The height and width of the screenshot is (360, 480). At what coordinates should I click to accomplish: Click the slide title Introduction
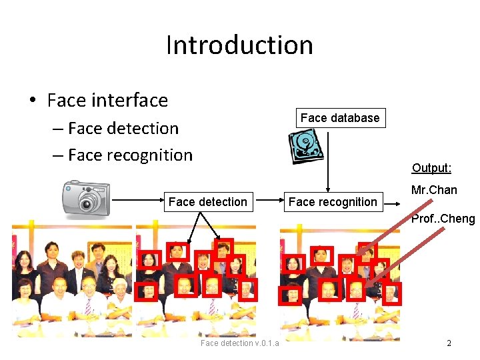(x=239, y=45)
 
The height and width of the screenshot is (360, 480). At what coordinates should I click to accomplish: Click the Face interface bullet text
(x=107, y=100)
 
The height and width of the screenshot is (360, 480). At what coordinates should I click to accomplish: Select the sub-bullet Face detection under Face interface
(x=123, y=128)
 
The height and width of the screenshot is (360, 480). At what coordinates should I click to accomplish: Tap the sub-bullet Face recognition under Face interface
(x=130, y=155)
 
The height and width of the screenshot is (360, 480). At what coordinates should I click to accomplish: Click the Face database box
(x=340, y=118)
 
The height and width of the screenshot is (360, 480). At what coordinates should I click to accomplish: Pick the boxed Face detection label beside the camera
(x=208, y=201)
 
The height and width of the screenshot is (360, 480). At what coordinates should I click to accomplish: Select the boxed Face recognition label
(x=333, y=201)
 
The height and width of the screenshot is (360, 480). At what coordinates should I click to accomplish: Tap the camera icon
(x=85, y=198)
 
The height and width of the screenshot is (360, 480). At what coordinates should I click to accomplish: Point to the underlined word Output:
(x=431, y=168)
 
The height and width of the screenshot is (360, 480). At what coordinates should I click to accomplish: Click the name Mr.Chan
(x=434, y=190)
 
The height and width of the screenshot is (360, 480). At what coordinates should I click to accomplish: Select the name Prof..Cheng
(x=443, y=218)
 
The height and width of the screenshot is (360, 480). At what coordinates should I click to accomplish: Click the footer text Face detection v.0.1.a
(x=239, y=343)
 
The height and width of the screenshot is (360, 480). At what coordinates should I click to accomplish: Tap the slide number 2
(x=449, y=343)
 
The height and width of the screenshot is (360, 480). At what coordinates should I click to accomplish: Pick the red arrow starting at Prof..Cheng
(x=400, y=257)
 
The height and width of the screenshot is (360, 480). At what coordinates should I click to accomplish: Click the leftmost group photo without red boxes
(x=71, y=280)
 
